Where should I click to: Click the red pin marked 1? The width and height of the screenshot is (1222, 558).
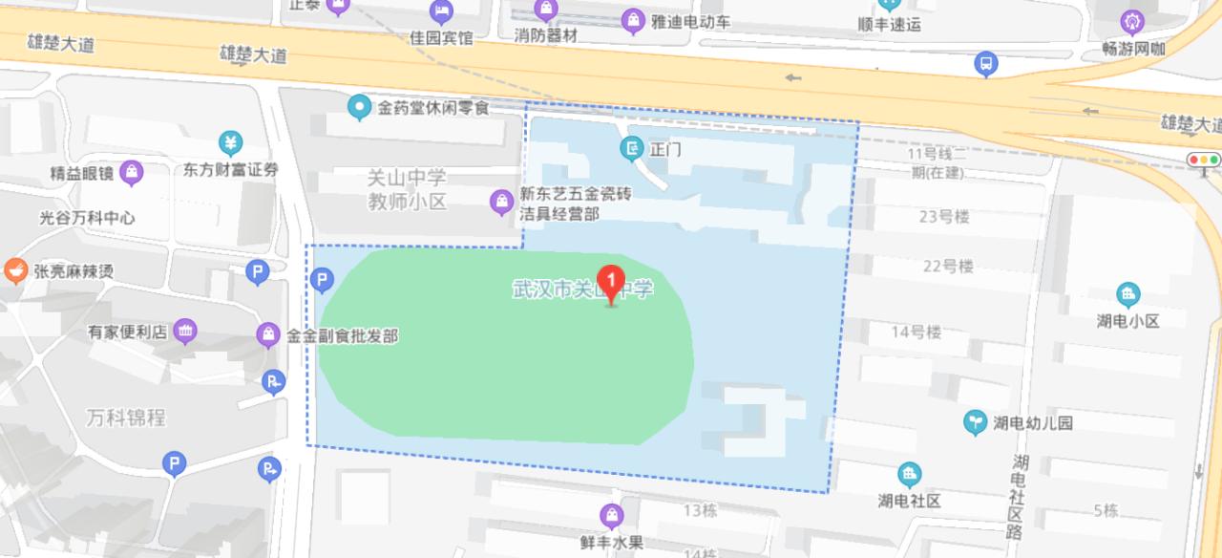pyautogui.click(x=611, y=281)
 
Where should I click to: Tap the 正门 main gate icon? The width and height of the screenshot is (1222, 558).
pyautogui.click(x=630, y=148)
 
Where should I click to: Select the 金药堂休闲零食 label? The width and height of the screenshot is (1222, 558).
pyautogui.click(x=432, y=108)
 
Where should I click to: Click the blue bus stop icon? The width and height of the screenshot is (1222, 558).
pyautogui.click(x=985, y=64)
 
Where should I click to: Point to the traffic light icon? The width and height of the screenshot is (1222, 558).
pyautogui.click(x=1204, y=160)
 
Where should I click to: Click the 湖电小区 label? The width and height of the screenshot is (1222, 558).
pyautogui.click(x=1127, y=321)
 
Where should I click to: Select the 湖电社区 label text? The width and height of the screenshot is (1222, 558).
pyautogui.click(x=910, y=500)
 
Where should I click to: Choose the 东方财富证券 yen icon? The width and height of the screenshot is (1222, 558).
pyautogui.click(x=230, y=143)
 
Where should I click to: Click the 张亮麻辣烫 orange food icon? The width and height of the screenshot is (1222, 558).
pyautogui.click(x=15, y=270)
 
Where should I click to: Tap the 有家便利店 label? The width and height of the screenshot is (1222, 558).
pyautogui.click(x=128, y=333)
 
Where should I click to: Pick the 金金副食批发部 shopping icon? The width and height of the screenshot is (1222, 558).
pyautogui.click(x=268, y=335)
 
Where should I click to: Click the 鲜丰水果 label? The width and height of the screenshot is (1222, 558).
pyautogui.click(x=611, y=542)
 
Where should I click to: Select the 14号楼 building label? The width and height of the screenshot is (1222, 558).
pyautogui.click(x=916, y=332)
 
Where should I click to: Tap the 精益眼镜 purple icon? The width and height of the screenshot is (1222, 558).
pyautogui.click(x=132, y=173)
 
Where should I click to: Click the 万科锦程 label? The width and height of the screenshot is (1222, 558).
pyautogui.click(x=125, y=418)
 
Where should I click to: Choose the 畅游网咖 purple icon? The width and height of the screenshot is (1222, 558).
pyautogui.click(x=1132, y=20)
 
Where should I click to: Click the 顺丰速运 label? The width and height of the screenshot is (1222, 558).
pyautogui.click(x=889, y=25)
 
